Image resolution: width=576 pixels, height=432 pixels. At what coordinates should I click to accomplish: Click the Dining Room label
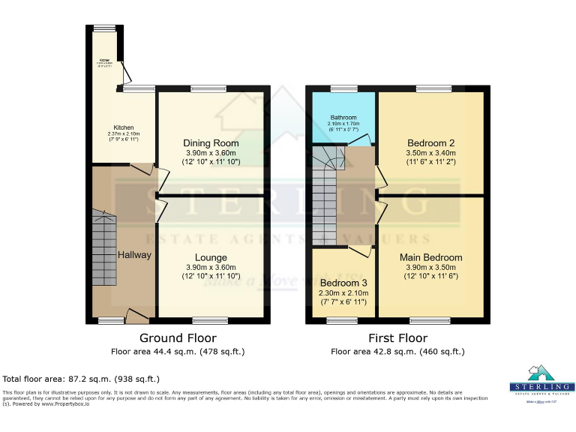point(211,143)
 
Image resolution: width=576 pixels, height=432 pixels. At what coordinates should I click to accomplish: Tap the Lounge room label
point(211,257)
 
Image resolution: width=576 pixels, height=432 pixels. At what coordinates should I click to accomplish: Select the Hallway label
point(134,255)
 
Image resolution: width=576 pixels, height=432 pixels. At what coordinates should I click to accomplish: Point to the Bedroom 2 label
point(431,143)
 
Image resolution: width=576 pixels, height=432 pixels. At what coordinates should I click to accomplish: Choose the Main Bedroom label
point(431,257)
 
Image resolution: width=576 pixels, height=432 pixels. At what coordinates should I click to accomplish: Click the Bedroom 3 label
point(342,283)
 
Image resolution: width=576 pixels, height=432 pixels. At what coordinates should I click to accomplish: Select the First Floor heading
point(397,338)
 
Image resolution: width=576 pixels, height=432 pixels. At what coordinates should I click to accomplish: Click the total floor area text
point(82,379)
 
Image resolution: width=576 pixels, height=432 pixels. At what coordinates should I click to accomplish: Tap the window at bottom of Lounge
point(205,320)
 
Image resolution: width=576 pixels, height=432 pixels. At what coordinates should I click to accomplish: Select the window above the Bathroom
point(344,88)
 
